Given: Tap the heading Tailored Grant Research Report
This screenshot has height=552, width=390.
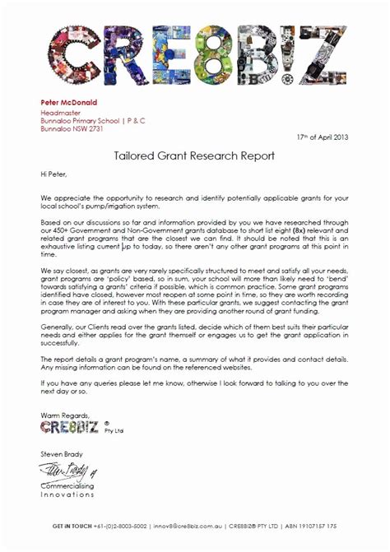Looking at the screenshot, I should click(x=194, y=154).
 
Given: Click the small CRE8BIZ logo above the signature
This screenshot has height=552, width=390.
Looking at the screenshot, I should click(x=70, y=428).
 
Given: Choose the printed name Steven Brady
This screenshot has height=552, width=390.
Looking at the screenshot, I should click(x=62, y=453).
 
